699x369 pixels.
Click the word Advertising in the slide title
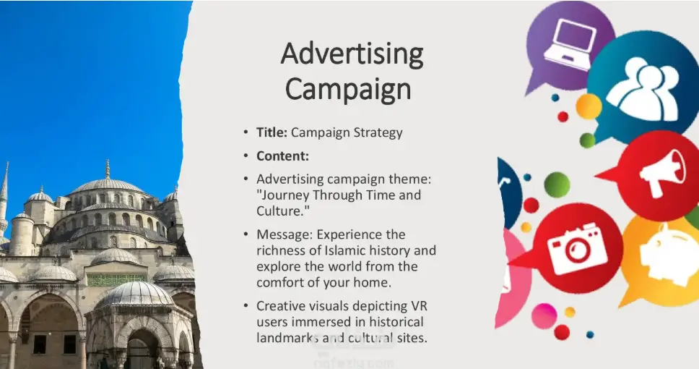[352, 54]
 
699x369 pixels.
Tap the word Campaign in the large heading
[348, 89]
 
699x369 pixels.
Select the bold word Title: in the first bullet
[272, 132]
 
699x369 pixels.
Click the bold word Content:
[282, 156]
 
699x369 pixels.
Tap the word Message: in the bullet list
[285, 234]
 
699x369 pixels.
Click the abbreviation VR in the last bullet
[419, 306]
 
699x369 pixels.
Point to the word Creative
[282, 306]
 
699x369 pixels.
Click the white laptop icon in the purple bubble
[569, 45]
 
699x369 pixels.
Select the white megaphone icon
[662, 173]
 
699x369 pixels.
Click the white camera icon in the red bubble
[576, 248]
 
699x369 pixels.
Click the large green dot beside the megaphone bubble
[557, 184]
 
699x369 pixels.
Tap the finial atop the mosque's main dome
[108, 169]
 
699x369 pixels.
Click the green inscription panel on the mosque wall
[116, 280]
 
